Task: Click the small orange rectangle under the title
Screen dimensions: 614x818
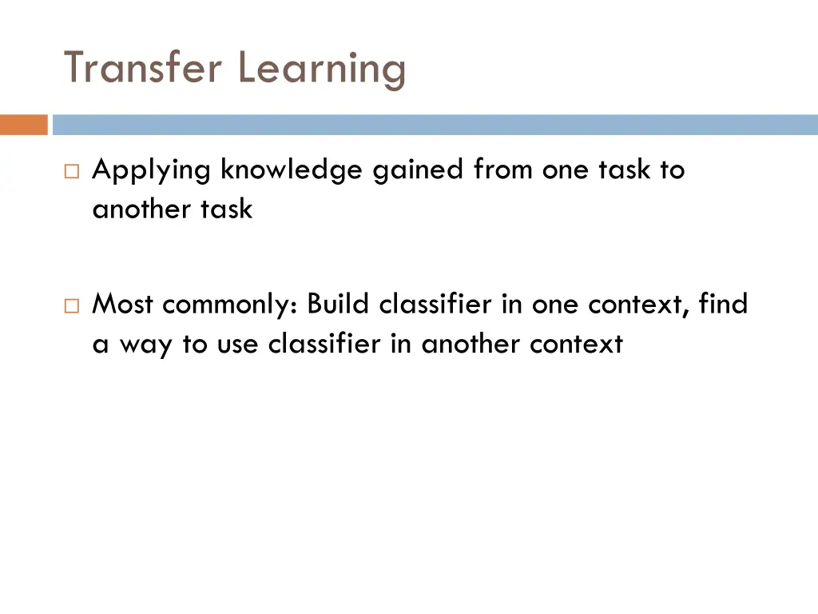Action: pos(23,125)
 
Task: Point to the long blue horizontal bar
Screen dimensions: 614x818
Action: pos(435,125)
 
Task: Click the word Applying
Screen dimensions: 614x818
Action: pos(152,170)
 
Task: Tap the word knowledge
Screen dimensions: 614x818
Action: pos(292,170)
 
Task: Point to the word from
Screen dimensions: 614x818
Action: pos(504,169)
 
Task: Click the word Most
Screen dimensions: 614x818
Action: pos(122,304)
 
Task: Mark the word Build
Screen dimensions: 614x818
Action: pos(339,304)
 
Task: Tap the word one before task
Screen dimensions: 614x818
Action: pos(566,170)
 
